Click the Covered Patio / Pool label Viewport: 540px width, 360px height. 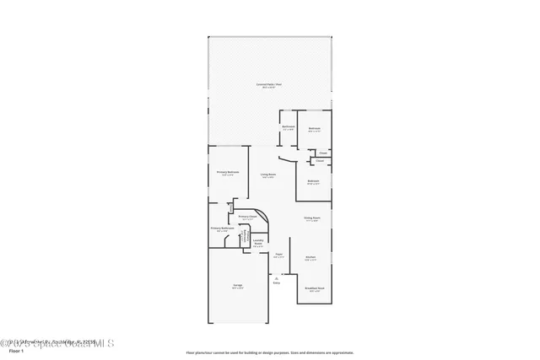click(x=270, y=85)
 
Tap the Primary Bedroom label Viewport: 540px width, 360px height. click(x=228, y=172)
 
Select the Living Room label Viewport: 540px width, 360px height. click(x=268, y=175)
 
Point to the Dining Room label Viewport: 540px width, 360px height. click(x=311, y=218)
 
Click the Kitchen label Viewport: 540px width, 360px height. click(x=310, y=258)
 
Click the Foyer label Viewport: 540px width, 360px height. click(x=278, y=254)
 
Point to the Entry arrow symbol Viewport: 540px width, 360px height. click(x=276, y=276)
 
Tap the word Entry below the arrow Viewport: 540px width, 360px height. click(x=276, y=282)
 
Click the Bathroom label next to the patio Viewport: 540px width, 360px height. click(x=288, y=127)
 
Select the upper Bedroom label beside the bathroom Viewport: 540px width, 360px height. click(x=314, y=129)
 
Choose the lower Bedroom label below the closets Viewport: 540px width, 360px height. click(x=313, y=182)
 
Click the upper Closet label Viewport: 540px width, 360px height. click(x=322, y=153)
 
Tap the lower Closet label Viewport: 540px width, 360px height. click(x=319, y=160)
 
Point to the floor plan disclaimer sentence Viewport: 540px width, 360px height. click(x=269, y=352)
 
